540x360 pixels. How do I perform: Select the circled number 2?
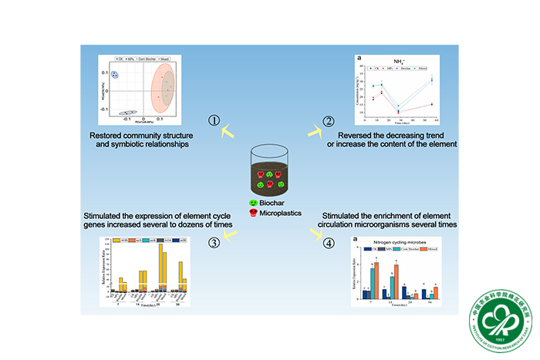[x=328, y=121]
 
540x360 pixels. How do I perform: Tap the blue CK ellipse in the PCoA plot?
[x=115, y=75]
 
